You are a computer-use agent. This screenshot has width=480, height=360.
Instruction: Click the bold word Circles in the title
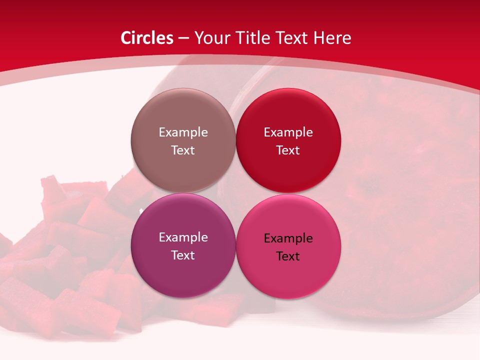pos(147,38)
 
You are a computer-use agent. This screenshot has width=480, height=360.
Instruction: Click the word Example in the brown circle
pos(183,132)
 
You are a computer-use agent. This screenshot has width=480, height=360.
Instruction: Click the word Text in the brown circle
pos(183,150)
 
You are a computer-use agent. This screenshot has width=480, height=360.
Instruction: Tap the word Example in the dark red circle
pos(288,132)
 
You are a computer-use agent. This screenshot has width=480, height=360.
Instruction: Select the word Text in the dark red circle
pos(288,150)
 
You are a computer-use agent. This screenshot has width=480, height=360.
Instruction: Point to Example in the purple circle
pos(183,237)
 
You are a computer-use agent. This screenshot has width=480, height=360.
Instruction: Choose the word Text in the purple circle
pos(183,255)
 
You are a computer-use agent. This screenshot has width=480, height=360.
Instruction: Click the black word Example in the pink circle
pos(288,238)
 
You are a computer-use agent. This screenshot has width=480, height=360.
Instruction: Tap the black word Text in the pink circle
pos(288,256)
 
